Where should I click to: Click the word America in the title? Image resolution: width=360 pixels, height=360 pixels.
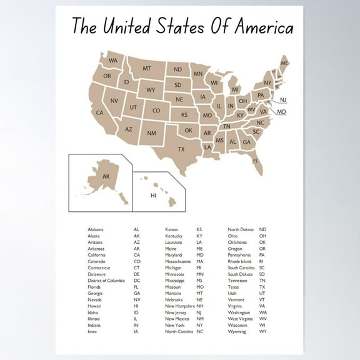262,27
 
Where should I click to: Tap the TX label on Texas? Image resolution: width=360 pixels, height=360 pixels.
181,149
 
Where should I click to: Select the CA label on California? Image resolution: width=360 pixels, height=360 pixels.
99,113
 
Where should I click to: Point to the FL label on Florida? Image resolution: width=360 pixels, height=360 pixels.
256,161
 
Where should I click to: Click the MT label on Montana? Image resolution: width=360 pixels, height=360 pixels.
146,68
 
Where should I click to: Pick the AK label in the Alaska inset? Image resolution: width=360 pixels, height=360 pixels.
106,177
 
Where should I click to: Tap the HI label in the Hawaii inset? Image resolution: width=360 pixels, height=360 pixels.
153,196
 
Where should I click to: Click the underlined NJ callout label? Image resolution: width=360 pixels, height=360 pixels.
283,100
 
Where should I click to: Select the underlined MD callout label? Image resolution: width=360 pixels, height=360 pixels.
281,112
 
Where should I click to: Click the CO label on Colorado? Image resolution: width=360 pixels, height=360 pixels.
156,111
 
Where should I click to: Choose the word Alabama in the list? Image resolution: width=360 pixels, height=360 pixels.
96,229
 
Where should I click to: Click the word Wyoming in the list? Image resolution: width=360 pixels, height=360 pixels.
236,331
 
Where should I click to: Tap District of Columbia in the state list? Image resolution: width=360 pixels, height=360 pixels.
106,281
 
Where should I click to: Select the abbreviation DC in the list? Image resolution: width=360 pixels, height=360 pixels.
137,281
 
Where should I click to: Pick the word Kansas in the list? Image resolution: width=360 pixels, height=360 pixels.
171,229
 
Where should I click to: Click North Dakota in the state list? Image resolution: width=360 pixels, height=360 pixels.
240,229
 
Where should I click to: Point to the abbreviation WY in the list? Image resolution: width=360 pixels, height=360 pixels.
262,331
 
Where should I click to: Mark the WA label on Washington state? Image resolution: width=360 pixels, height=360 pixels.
113,61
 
